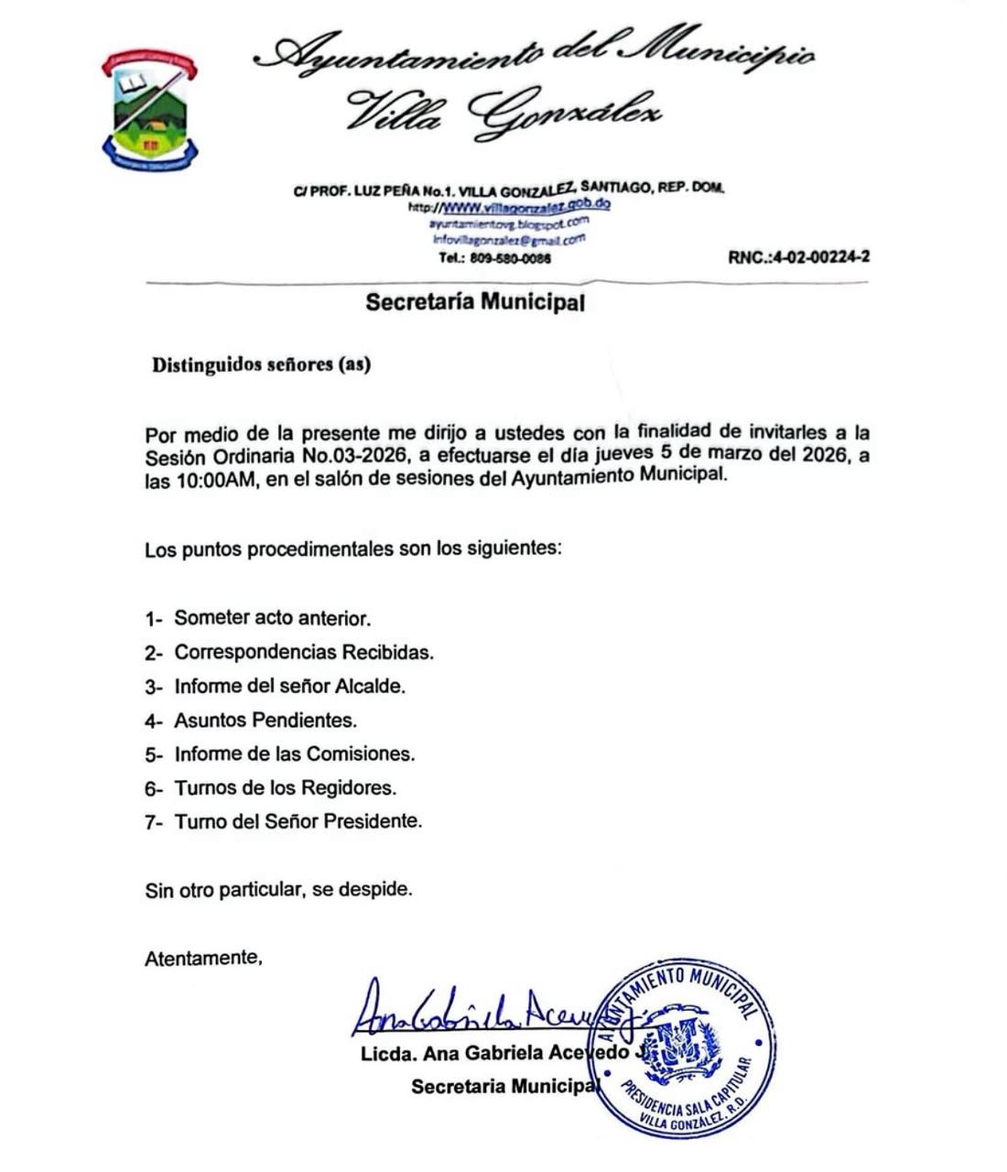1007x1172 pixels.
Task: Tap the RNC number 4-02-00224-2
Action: [x=798, y=257]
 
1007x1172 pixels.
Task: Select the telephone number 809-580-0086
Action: [x=509, y=258]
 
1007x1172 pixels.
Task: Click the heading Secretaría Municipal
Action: [x=474, y=301]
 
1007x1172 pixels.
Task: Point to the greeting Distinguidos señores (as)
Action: [x=261, y=364]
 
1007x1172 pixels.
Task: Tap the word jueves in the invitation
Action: [x=622, y=455]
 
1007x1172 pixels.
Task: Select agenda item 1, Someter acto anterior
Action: [x=272, y=618]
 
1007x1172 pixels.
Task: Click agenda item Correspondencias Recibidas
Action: [x=303, y=652]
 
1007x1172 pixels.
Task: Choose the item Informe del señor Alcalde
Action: [x=289, y=686]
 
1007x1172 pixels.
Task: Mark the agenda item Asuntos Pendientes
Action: [x=265, y=720]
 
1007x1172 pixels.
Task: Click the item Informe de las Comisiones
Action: [x=294, y=754]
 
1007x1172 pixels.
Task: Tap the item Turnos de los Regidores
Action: [x=285, y=787]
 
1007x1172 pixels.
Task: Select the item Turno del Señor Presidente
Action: [x=298, y=821]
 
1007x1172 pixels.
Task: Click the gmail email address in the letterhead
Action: [x=508, y=240]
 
